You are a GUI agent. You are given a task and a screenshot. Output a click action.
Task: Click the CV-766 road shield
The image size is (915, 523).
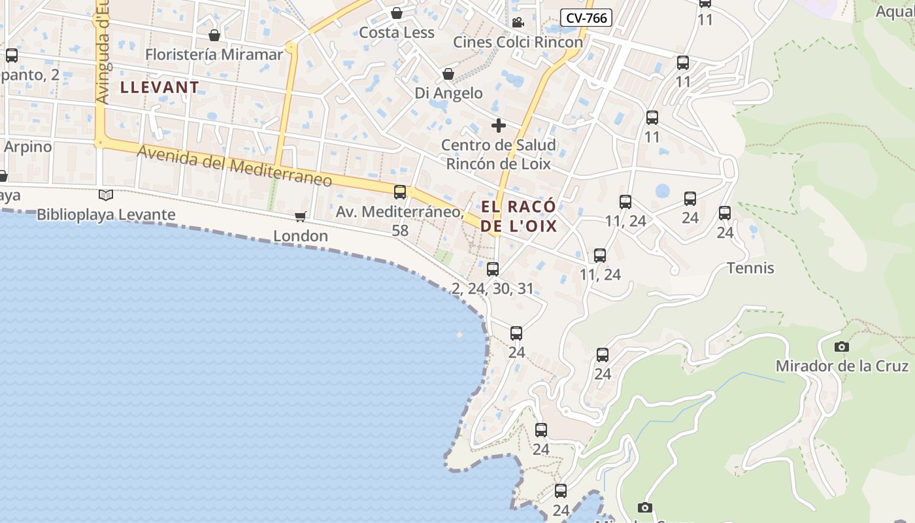tap(586, 18)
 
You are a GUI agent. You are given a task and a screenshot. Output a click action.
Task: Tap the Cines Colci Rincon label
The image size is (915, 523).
tap(518, 42)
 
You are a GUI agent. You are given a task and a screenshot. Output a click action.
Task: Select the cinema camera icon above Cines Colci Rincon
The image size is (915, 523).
tap(518, 23)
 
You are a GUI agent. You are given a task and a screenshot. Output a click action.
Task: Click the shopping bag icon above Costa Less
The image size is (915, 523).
tap(397, 13)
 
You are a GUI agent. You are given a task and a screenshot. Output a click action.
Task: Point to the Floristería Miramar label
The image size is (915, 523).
tap(214, 54)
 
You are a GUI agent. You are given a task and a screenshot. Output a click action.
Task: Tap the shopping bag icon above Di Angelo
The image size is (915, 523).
tap(448, 74)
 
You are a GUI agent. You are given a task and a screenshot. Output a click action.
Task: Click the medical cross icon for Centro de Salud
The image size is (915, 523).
tap(499, 126)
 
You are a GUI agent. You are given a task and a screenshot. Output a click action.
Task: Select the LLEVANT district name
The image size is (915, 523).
tap(159, 88)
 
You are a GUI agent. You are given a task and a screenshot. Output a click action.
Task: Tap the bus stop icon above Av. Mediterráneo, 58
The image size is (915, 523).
tap(400, 192)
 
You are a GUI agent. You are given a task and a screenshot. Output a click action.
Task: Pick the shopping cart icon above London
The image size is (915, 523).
tap(301, 216)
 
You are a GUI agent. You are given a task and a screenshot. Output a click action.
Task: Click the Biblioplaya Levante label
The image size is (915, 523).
tap(106, 214)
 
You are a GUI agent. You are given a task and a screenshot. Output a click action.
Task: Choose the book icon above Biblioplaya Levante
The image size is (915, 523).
tap(106, 195)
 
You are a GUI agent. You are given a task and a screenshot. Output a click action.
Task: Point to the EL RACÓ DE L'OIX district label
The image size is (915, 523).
tap(519, 216)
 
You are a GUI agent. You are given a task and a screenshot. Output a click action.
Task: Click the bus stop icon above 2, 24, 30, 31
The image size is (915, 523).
tap(493, 269)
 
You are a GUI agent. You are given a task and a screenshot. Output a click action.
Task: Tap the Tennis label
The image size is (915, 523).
tap(750, 268)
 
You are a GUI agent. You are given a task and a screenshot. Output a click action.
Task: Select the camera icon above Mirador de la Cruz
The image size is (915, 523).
tap(842, 346)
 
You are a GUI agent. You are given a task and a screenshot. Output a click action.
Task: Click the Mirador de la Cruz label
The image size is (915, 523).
tap(842, 366)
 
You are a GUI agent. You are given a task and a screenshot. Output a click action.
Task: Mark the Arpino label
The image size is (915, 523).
tap(28, 146)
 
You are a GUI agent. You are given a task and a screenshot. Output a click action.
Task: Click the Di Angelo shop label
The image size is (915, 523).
tap(448, 93)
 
